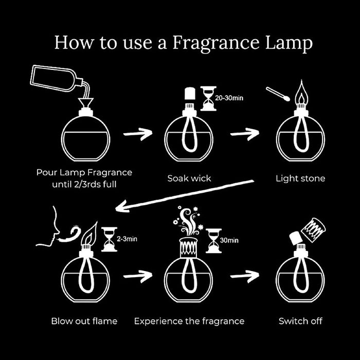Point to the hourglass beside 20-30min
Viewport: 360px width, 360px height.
pos(208,98)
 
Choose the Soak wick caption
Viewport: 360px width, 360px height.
pos(189,178)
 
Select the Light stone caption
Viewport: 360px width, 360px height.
pos(300,178)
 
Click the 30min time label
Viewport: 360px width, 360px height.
pos(229,240)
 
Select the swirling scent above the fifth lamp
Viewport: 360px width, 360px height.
pos(189,219)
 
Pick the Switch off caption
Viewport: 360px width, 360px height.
pos(300,321)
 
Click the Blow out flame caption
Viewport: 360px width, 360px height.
pos(84,321)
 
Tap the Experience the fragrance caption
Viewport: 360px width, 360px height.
pos(189,321)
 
